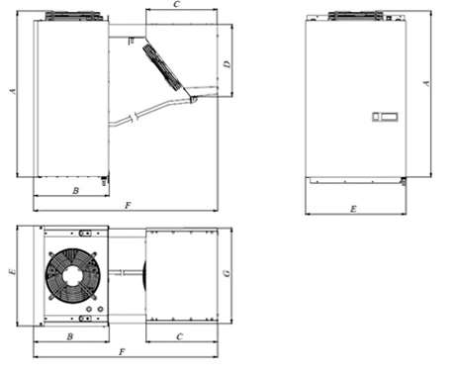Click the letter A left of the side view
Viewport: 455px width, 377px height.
point(13,91)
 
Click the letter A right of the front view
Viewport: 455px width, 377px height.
point(426,83)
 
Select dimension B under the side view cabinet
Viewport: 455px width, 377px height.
point(76,191)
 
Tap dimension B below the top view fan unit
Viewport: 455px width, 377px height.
point(70,336)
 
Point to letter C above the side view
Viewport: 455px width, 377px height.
point(177,4)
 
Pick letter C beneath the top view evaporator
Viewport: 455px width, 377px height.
point(180,336)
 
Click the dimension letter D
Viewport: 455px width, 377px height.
point(227,63)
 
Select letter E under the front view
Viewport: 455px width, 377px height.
point(353,209)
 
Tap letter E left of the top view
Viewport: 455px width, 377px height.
point(12,272)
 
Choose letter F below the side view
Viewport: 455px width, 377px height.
point(128,206)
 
